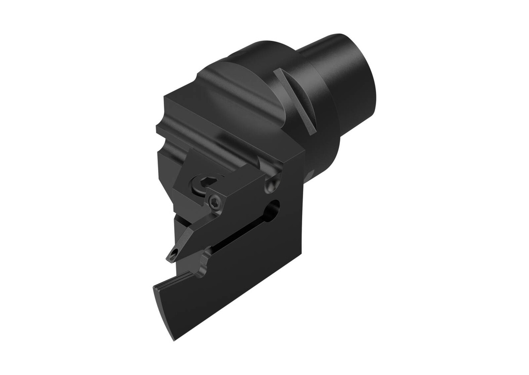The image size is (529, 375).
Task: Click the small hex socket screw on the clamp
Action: (x=215, y=202)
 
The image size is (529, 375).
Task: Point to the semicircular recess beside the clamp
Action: (x=273, y=183)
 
